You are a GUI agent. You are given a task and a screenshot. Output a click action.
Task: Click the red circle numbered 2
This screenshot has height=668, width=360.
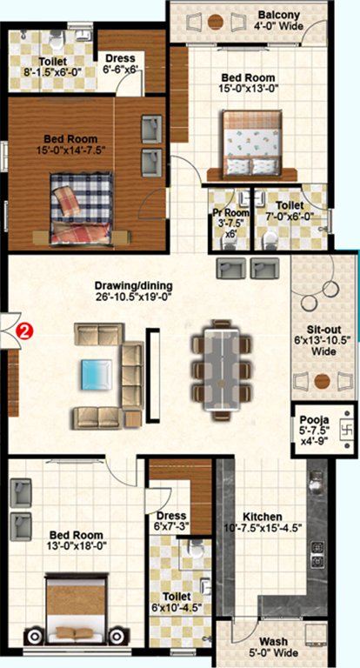[x=26, y=331]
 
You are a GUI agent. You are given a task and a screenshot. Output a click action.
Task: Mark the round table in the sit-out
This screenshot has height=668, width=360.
[x=323, y=379]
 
